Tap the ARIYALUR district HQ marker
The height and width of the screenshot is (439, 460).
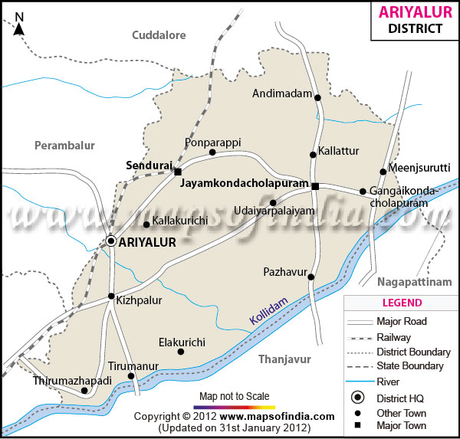111,241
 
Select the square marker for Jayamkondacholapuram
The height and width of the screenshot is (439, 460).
315,185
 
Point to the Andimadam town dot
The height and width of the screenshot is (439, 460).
317,97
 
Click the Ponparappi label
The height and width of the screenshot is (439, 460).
212,143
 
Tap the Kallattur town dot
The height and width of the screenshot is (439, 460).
313,155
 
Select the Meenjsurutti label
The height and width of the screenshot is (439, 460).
420,168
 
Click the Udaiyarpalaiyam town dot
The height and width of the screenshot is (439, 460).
273,203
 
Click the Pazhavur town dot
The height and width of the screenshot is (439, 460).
311,277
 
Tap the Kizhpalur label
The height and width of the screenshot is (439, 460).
139,301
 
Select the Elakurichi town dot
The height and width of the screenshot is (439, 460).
180,352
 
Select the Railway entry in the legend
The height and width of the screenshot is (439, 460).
393,337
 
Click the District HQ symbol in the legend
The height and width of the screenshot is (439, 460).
356,398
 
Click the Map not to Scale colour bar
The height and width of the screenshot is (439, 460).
234,407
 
